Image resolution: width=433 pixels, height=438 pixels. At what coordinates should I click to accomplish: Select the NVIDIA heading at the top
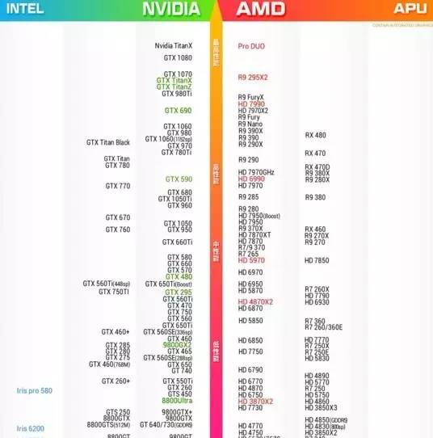click(170, 9)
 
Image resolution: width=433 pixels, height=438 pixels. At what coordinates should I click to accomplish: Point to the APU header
click(410, 9)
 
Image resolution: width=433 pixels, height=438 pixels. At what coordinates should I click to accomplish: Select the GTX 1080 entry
click(178, 58)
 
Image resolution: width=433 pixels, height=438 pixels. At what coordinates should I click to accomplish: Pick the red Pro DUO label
click(251, 47)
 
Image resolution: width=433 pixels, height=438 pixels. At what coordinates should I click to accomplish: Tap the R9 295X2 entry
click(252, 77)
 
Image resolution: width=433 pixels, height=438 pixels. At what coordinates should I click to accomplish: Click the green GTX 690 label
click(178, 111)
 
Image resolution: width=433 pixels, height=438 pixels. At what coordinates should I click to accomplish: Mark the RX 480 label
click(315, 135)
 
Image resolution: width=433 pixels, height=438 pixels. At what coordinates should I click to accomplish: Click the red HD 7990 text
click(251, 104)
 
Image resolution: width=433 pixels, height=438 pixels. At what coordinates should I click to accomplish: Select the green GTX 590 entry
click(179, 179)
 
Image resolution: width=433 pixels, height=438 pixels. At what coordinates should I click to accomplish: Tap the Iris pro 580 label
click(34, 391)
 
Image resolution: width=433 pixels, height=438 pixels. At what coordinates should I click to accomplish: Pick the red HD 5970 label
click(251, 260)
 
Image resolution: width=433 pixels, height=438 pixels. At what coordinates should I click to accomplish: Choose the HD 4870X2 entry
click(255, 301)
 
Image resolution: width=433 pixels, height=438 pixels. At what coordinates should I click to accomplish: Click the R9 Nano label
click(250, 124)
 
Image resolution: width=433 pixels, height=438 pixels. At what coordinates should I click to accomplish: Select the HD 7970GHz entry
click(256, 172)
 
